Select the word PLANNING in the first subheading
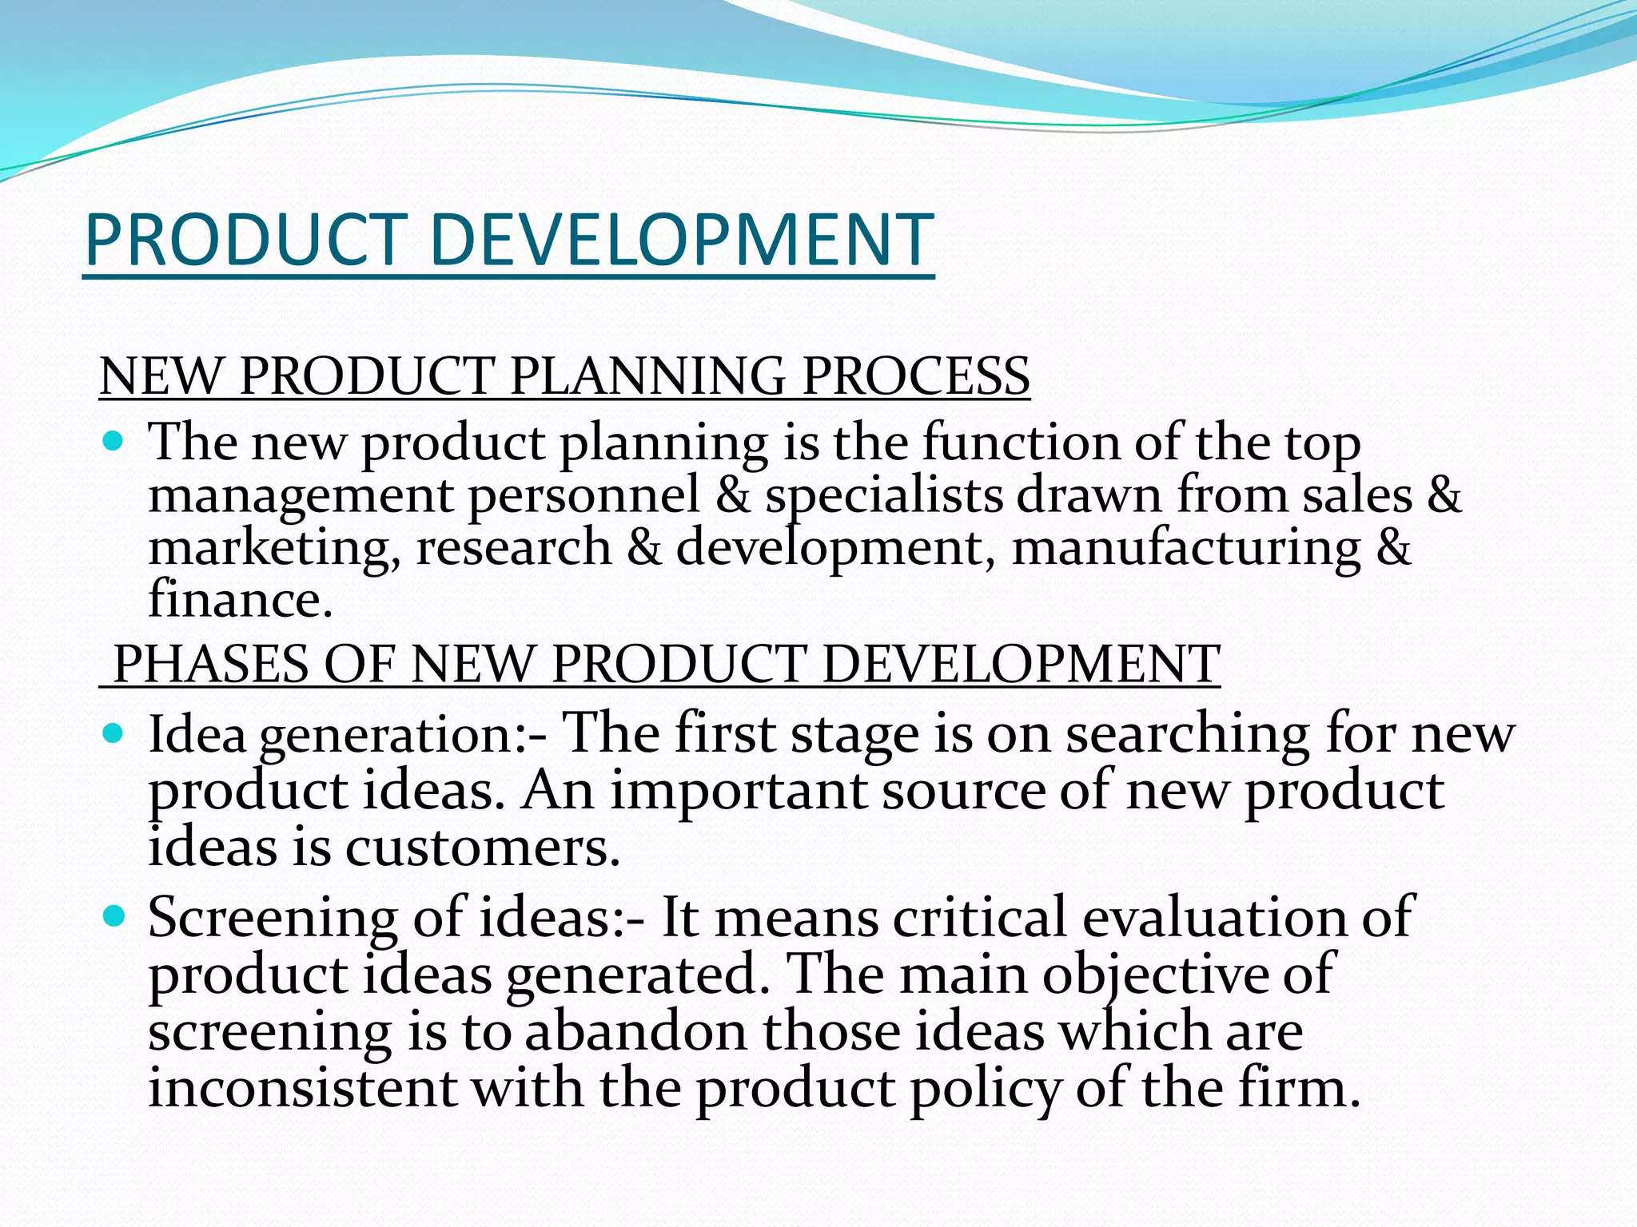[647, 375]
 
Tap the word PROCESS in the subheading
[915, 375]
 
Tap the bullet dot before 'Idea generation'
[114, 733]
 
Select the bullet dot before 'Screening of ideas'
[114, 915]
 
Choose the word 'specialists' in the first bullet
[883, 496]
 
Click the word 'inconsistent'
[303, 1088]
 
